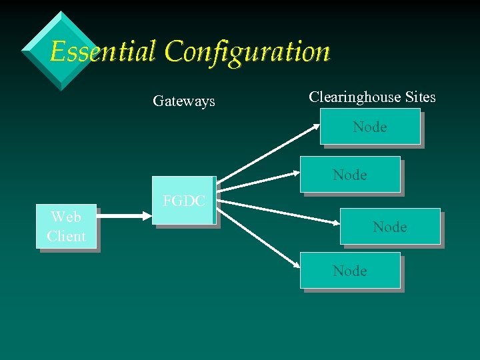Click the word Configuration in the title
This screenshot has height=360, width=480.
pos(247,51)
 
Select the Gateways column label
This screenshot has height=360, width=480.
pos(183,101)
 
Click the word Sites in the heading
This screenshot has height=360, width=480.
pos(421,97)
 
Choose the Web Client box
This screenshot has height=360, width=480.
pos(66,227)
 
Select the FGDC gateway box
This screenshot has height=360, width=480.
pos(183,201)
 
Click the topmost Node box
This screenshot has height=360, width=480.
pos(369,127)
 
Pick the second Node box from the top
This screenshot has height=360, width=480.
pos(350,175)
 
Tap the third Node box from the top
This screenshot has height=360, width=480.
pos(390,227)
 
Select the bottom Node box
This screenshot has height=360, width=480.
pos(350,271)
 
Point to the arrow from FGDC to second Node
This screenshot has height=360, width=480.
pos(260,185)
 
